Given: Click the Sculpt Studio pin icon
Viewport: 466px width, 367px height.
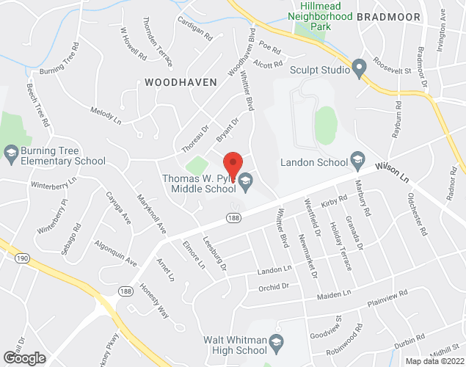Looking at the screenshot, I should pos(359,70).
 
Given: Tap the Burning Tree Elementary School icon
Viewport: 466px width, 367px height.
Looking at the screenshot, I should pos(10,153).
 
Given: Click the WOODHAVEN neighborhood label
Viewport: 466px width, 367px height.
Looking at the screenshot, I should pos(181,82).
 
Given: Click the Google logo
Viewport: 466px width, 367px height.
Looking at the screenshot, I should pos(23,357).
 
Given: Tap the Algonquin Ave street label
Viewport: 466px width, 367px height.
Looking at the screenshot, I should pos(117,252).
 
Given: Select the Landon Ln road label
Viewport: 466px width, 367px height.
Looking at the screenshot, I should pos(274,272).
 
